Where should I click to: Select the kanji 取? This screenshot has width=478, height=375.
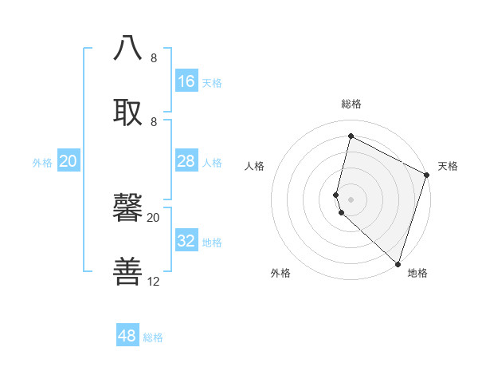point(128,112)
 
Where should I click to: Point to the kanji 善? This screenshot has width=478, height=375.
point(128,271)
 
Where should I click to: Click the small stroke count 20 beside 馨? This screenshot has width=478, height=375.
point(154,217)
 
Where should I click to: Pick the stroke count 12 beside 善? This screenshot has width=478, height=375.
point(154,281)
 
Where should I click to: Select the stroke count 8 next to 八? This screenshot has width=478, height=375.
point(154,57)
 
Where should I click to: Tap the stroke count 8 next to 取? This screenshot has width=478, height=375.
point(154,121)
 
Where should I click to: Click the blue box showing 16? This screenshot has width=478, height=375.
point(186,81)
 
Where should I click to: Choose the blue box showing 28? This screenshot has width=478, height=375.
point(186,161)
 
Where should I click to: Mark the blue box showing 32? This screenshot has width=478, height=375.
point(186,241)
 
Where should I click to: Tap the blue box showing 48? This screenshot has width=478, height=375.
point(127,336)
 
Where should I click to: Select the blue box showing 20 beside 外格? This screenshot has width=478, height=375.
point(69,161)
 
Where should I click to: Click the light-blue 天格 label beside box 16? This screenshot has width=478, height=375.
point(212,82)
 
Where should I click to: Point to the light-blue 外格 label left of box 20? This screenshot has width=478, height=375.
point(42,162)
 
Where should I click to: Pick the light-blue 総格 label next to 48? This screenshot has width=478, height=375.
point(153,337)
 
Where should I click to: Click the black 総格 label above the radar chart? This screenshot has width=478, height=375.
point(351,104)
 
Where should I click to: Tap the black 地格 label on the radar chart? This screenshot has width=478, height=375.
point(417,273)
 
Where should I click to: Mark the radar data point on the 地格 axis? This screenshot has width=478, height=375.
point(398,262)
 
